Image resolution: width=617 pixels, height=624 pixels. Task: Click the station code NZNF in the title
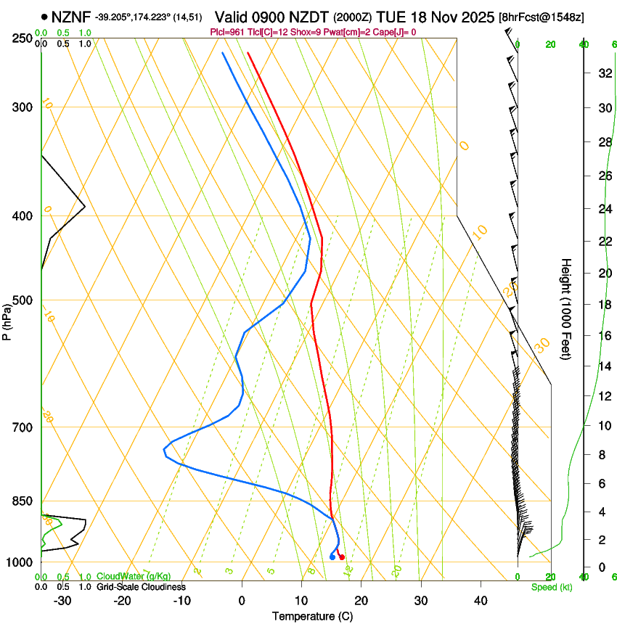[x=71, y=16]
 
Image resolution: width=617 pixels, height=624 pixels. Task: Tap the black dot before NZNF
[x=45, y=16]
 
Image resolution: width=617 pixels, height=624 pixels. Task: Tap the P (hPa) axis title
[x=7, y=319]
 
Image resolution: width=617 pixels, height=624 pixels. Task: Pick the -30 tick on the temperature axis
[x=62, y=600]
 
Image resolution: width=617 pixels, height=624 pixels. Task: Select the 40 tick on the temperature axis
[x=480, y=600]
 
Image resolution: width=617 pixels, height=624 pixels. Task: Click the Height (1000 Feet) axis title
[x=566, y=308]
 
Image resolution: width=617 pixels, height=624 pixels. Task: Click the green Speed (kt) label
[x=551, y=587]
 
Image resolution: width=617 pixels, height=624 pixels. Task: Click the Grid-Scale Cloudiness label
[x=141, y=587]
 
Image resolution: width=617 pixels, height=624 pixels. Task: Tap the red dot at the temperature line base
[x=342, y=557]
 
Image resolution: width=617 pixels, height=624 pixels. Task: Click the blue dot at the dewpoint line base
[x=332, y=557]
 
